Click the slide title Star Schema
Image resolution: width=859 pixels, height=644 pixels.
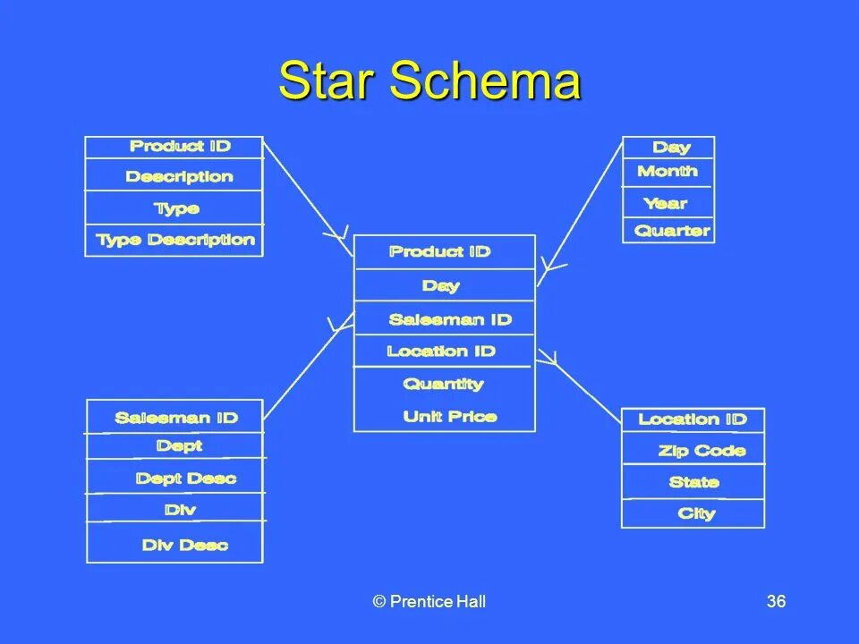click(x=429, y=82)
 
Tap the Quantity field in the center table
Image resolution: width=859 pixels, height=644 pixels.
click(x=443, y=384)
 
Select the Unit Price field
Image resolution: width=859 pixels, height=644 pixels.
click(x=449, y=416)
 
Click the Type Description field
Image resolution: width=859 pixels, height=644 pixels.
click(x=175, y=240)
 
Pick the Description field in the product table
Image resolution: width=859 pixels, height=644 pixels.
click(x=179, y=176)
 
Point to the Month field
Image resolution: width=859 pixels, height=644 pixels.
click(x=668, y=171)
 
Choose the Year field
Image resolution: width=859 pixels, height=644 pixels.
click(x=665, y=203)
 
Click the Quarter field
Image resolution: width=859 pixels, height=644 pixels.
click(x=672, y=231)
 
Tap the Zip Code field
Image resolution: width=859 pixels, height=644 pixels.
click(x=702, y=451)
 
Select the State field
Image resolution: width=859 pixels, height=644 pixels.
click(x=693, y=482)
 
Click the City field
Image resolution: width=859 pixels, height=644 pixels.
click(x=696, y=513)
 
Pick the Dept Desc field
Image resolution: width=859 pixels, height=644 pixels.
click(x=185, y=479)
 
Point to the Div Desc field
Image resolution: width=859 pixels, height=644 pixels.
click(x=184, y=545)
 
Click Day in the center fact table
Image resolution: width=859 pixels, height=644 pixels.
click(x=440, y=285)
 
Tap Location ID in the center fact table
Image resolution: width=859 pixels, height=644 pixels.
click(x=440, y=351)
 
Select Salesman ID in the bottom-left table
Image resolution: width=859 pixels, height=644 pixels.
click(x=176, y=418)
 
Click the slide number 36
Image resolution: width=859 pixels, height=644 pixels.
click(x=776, y=601)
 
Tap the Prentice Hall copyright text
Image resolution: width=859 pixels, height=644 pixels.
click(x=429, y=601)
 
